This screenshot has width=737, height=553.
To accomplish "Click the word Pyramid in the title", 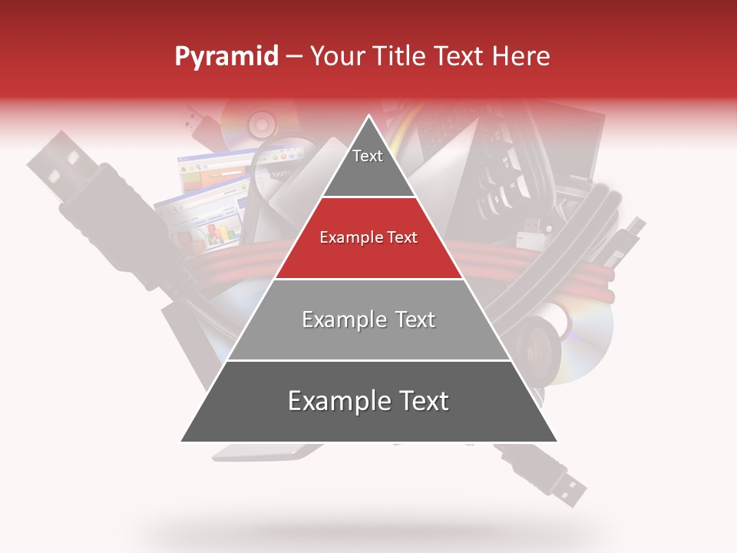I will click(226, 57).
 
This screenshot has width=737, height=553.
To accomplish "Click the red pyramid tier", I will click(368, 238).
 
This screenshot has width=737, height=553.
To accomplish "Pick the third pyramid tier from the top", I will click(368, 320).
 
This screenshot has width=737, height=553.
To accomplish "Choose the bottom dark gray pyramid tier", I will click(368, 402).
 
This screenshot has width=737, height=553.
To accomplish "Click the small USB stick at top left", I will click(195, 123).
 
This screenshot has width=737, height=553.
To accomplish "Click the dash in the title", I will click(294, 56).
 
